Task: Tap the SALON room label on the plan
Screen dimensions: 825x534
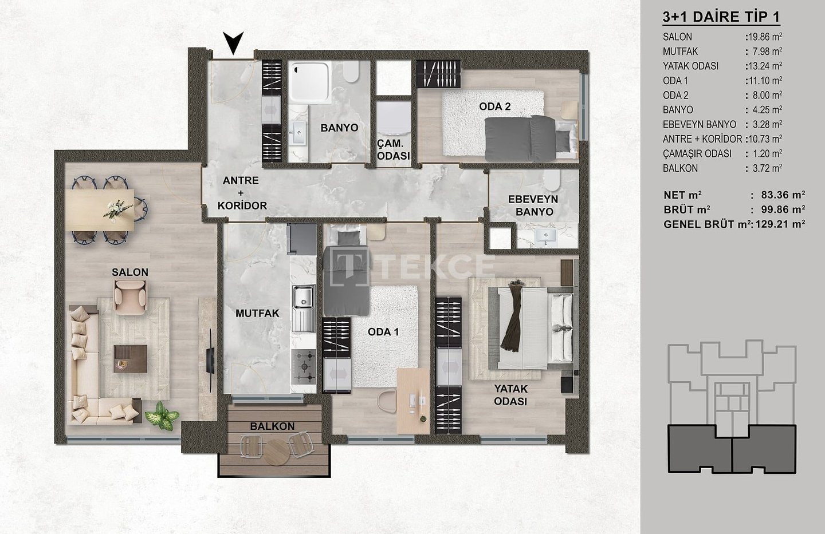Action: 130,272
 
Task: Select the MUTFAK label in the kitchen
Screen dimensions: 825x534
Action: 257,314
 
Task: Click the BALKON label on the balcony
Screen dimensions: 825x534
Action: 272,426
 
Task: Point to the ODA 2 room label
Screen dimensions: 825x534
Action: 494,106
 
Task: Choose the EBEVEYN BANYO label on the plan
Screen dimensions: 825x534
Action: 533,205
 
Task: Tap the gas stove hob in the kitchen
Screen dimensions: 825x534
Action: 304,366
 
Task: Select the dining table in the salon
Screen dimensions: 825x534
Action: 100,210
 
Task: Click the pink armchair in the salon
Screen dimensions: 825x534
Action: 130,298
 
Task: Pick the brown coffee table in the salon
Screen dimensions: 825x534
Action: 130,359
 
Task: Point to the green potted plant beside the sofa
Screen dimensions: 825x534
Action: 162,416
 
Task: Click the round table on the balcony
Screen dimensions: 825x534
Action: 277,452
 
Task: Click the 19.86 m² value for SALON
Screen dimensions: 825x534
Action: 765,37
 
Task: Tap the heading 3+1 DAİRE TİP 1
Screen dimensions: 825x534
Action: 721,17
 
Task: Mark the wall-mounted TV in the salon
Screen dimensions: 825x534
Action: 210,359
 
